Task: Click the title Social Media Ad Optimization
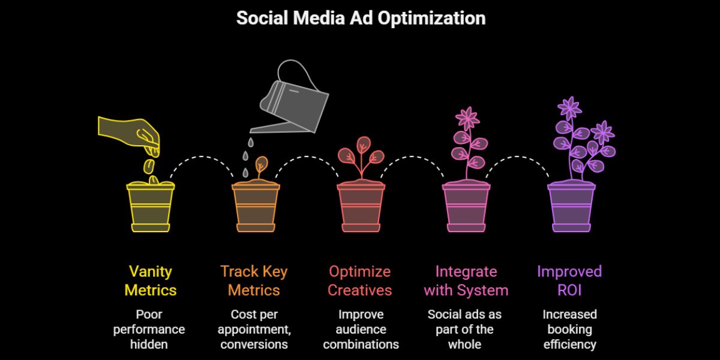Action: tap(360, 18)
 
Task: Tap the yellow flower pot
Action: tap(151, 207)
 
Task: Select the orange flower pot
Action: tap(256, 207)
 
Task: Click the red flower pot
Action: tap(361, 207)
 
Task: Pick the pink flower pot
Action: tap(466, 207)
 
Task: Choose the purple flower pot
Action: tap(571, 207)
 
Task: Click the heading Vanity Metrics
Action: tap(151, 281)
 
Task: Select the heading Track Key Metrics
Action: tap(254, 281)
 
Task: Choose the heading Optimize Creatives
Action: tap(360, 281)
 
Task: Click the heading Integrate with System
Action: tap(466, 281)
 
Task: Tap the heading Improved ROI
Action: tap(569, 281)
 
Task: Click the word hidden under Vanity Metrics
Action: tap(149, 344)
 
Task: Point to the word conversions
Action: tap(254, 344)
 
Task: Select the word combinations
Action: tap(360, 344)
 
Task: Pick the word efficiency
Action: tap(569, 344)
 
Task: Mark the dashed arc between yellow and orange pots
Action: tap(203, 158)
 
